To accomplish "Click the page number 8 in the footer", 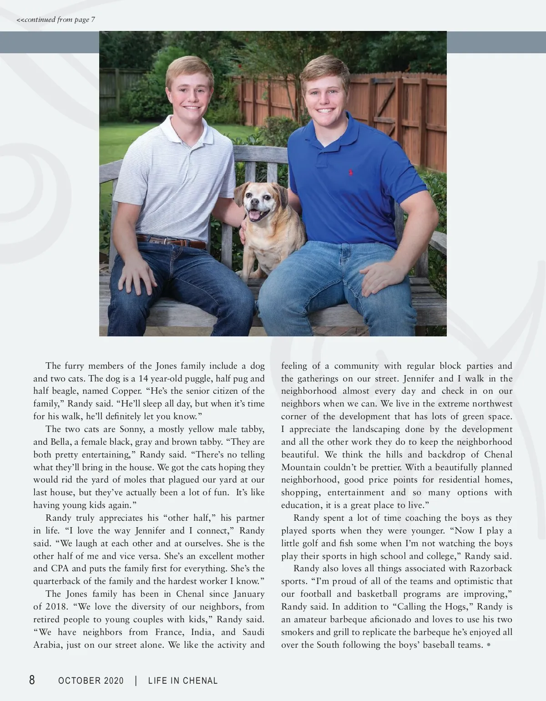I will pyautogui.click(x=32, y=680).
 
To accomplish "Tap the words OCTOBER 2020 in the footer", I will pyautogui.click(x=91, y=681).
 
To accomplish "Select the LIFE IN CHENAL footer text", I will pyautogui.click(x=183, y=681).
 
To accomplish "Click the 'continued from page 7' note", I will pyautogui.click(x=56, y=20).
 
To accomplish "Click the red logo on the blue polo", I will pyautogui.click(x=350, y=173).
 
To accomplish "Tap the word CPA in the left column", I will pyautogui.click(x=57, y=569).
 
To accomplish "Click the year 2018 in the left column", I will pyautogui.click(x=56, y=607).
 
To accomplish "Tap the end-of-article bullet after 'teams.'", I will pyautogui.click(x=489, y=645).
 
